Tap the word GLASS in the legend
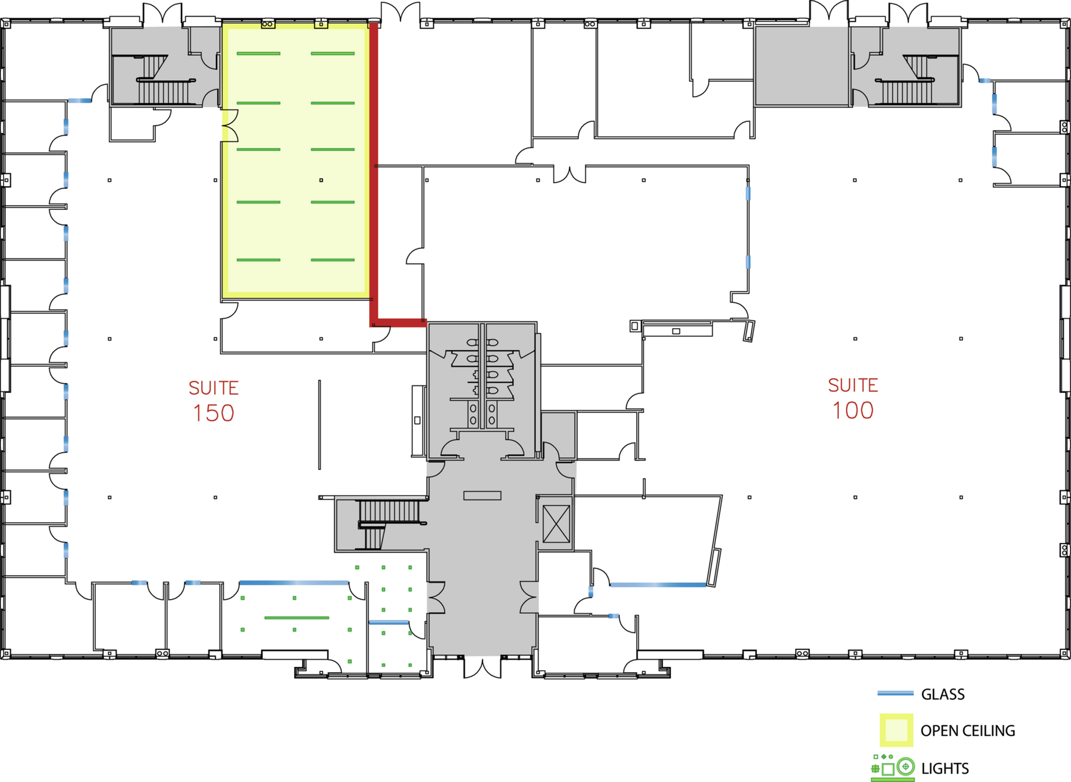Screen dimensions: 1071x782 click(942, 694)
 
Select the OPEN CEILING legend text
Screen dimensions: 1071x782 click(967, 731)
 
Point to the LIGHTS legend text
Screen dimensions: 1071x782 click(945, 768)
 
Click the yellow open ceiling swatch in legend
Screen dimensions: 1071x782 click(896, 730)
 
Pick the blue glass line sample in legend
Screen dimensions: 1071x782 click(895, 693)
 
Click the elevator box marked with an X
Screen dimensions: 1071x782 click(556, 524)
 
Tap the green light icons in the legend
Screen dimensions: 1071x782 click(892, 768)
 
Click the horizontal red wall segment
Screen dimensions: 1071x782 click(398, 323)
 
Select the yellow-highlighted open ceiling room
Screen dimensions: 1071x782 click(296, 161)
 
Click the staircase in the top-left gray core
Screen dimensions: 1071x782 click(159, 80)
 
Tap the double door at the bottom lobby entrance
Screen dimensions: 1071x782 click(483, 666)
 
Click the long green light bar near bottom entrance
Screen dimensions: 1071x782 click(296, 618)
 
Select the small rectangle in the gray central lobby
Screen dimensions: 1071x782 click(482, 495)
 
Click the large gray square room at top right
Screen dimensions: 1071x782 click(801, 66)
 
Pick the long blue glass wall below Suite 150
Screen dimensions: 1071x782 click(294, 583)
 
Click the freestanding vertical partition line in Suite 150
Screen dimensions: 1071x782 click(320, 425)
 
